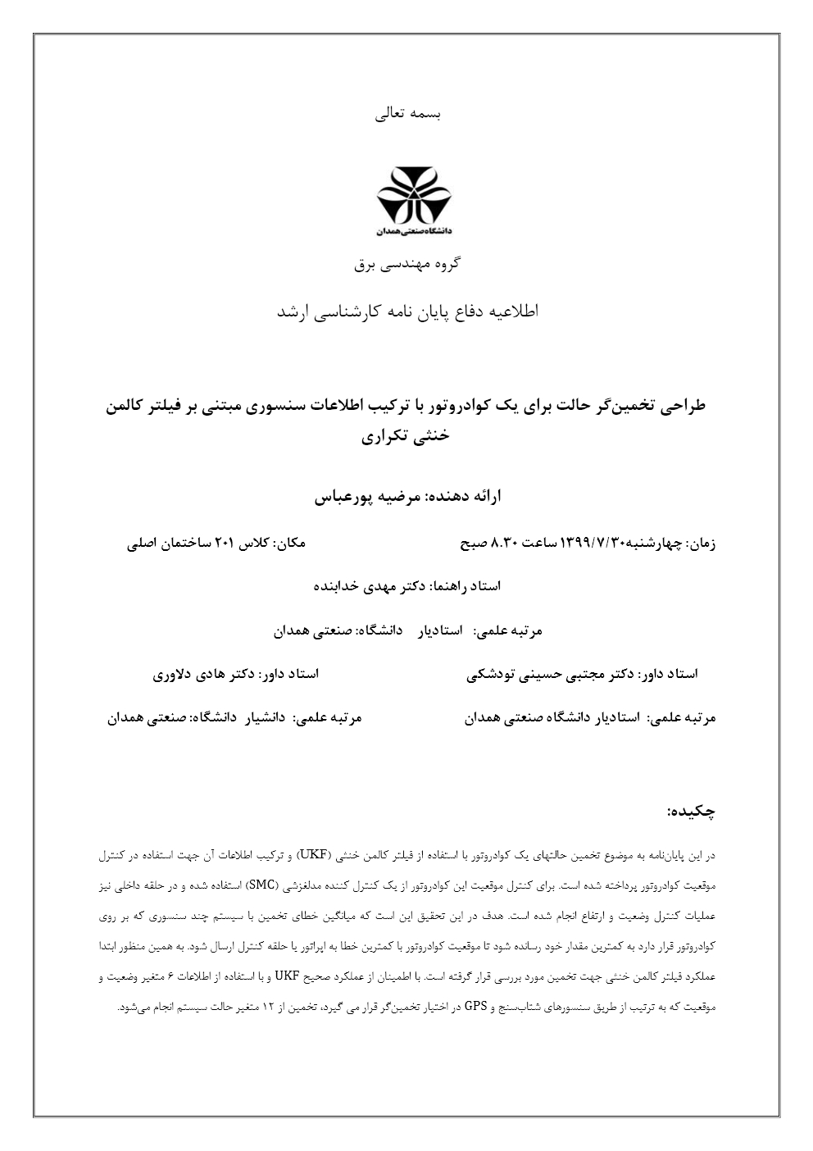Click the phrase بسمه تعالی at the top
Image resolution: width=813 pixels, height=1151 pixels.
pos(407,114)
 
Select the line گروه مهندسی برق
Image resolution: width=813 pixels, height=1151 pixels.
pos(407,263)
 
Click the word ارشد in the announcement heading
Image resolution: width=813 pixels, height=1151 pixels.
pos(291,312)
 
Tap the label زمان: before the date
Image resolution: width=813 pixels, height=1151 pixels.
pos(699,543)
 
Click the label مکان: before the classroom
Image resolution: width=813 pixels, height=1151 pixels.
pos(289,543)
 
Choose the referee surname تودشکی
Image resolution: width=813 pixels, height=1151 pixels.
pos(490,675)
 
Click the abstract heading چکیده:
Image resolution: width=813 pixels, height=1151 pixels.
pos(692,811)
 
